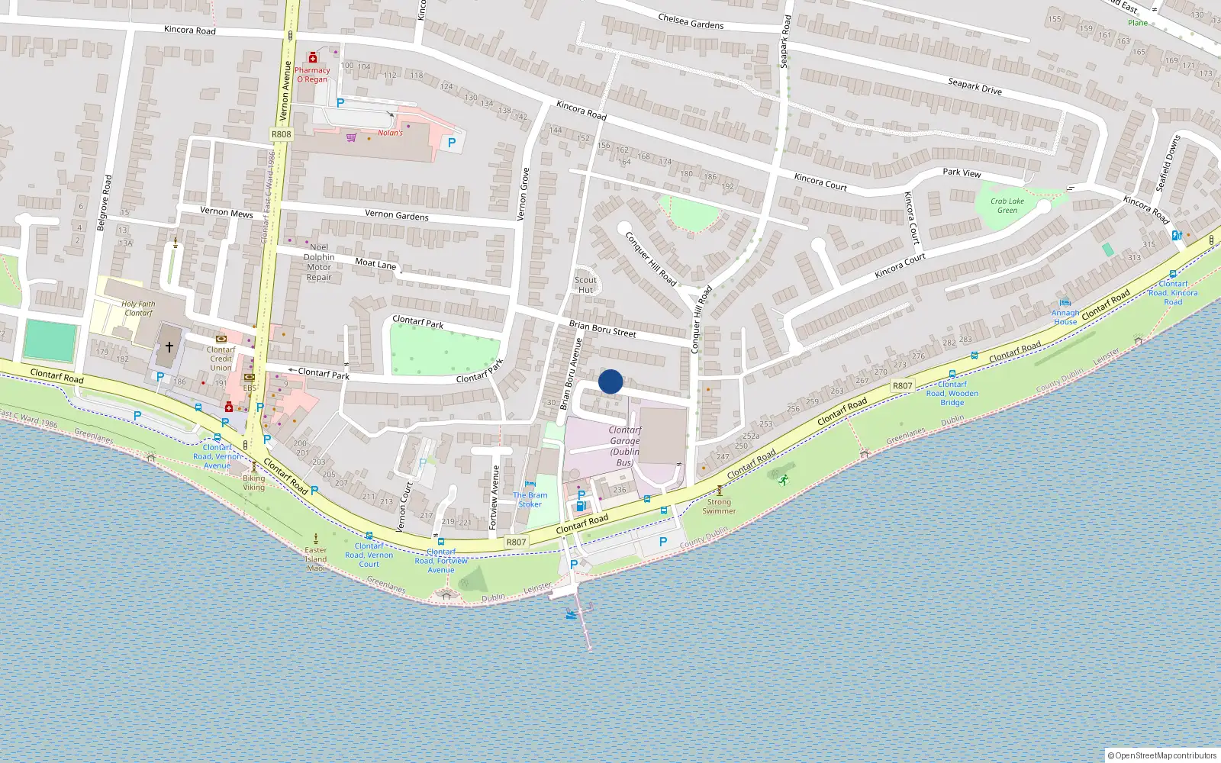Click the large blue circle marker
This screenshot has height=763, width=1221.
tap(610, 381)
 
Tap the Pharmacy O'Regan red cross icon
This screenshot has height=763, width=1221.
tap(312, 58)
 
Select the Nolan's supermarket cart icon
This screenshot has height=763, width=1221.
tap(351, 137)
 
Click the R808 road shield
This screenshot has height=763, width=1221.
tap(281, 134)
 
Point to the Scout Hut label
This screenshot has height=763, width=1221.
tap(585, 285)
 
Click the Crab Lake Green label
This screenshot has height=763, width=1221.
tap(1007, 206)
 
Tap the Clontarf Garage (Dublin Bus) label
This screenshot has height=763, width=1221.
tap(624, 446)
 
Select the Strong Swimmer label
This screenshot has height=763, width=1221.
tap(719, 506)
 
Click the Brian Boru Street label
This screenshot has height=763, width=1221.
tap(602, 329)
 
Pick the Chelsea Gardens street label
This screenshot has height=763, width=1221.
tap(691, 21)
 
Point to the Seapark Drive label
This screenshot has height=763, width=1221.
tap(975, 86)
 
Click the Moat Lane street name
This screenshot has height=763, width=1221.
tap(375, 263)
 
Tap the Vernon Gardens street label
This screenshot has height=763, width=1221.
tap(396, 215)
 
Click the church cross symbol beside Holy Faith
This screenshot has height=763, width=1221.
tap(169, 346)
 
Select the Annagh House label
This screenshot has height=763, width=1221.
tap(1065, 317)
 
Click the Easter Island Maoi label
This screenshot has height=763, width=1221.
tap(316, 559)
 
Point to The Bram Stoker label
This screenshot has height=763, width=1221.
tap(530, 499)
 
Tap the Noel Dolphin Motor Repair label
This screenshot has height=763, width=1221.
tap(319, 262)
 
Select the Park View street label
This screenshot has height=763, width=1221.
tap(962, 172)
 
